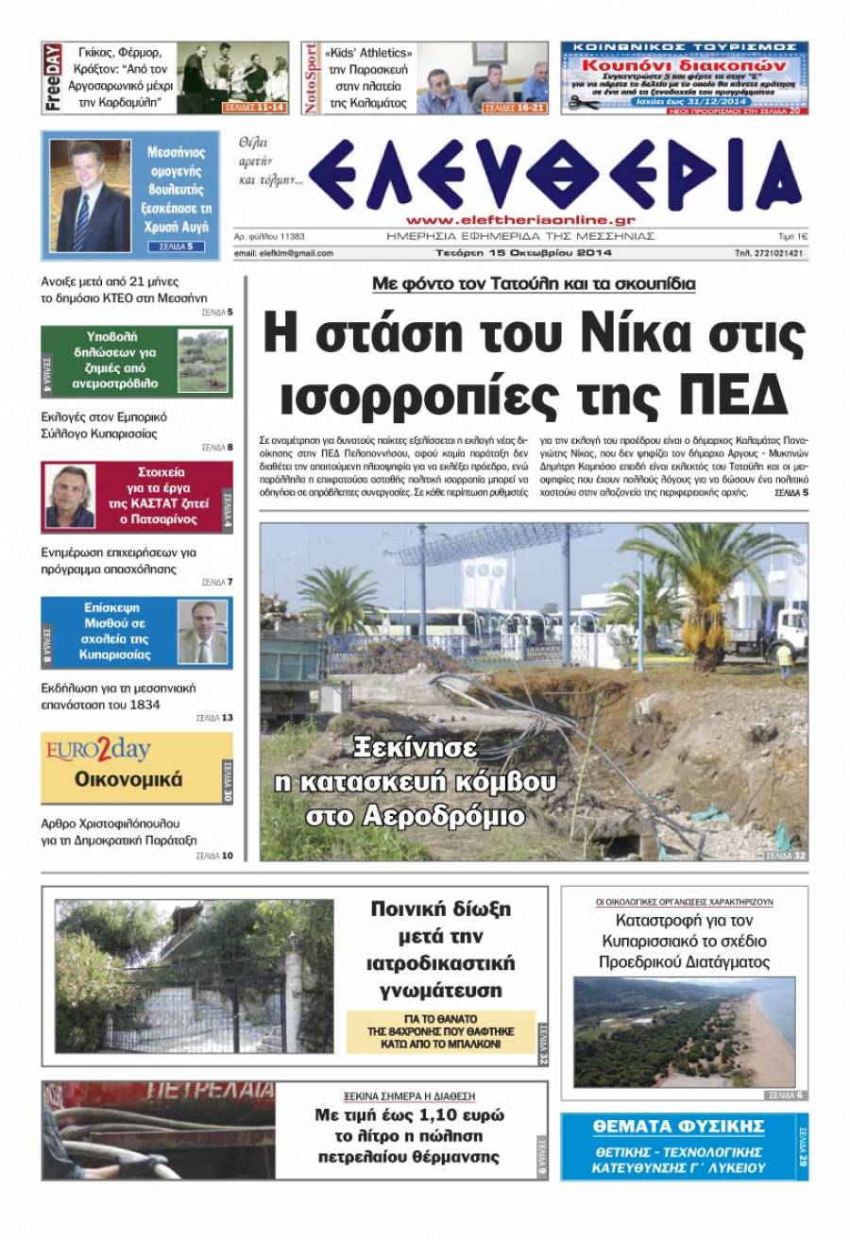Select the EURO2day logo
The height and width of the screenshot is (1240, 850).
point(98,752)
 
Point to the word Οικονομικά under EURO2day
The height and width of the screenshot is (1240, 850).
point(128,781)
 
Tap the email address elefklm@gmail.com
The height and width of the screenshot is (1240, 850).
point(283,253)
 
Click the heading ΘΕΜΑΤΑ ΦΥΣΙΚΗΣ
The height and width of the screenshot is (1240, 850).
point(677,1126)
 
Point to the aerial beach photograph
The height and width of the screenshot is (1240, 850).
point(684,1032)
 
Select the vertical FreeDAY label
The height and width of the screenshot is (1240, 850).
point(53,77)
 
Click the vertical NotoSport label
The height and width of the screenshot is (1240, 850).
point(311,78)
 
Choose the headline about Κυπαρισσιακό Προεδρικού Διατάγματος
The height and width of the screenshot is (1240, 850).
point(684,941)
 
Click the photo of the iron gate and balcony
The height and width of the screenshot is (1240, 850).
point(195,977)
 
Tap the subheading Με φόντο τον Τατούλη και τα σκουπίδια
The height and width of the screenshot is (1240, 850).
point(534,283)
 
